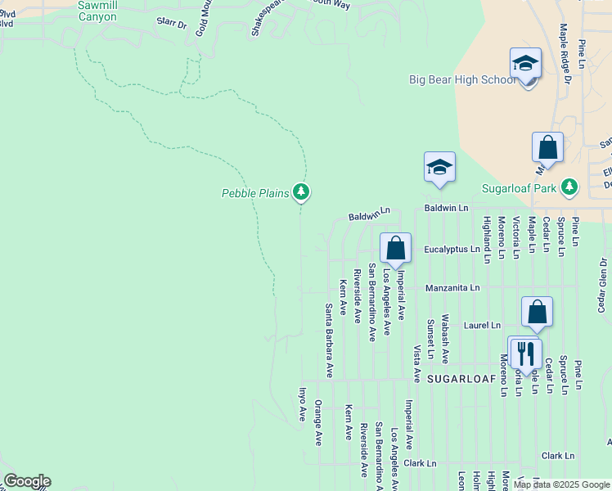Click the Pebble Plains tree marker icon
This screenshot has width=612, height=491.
coord(302,192)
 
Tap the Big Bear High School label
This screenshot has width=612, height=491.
coord(462,79)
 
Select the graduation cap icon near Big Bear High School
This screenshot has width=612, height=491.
coord(525,63)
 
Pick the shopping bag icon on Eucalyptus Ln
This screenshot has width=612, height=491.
coord(395,247)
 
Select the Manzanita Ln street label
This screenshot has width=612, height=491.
coord(452,288)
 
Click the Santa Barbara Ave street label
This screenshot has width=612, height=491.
coord(328,340)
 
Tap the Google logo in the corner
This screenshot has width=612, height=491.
coord(27,481)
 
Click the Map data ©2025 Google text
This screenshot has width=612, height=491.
coord(560,484)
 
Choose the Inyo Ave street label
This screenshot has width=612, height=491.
coord(301,403)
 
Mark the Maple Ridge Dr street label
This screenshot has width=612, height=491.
coord(564,47)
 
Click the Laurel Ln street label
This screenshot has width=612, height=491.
coord(482,325)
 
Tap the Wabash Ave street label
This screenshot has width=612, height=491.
coord(445,338)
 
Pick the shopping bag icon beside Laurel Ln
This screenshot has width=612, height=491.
coord(537,311)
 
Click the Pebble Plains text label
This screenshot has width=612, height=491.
coord(255,194)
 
